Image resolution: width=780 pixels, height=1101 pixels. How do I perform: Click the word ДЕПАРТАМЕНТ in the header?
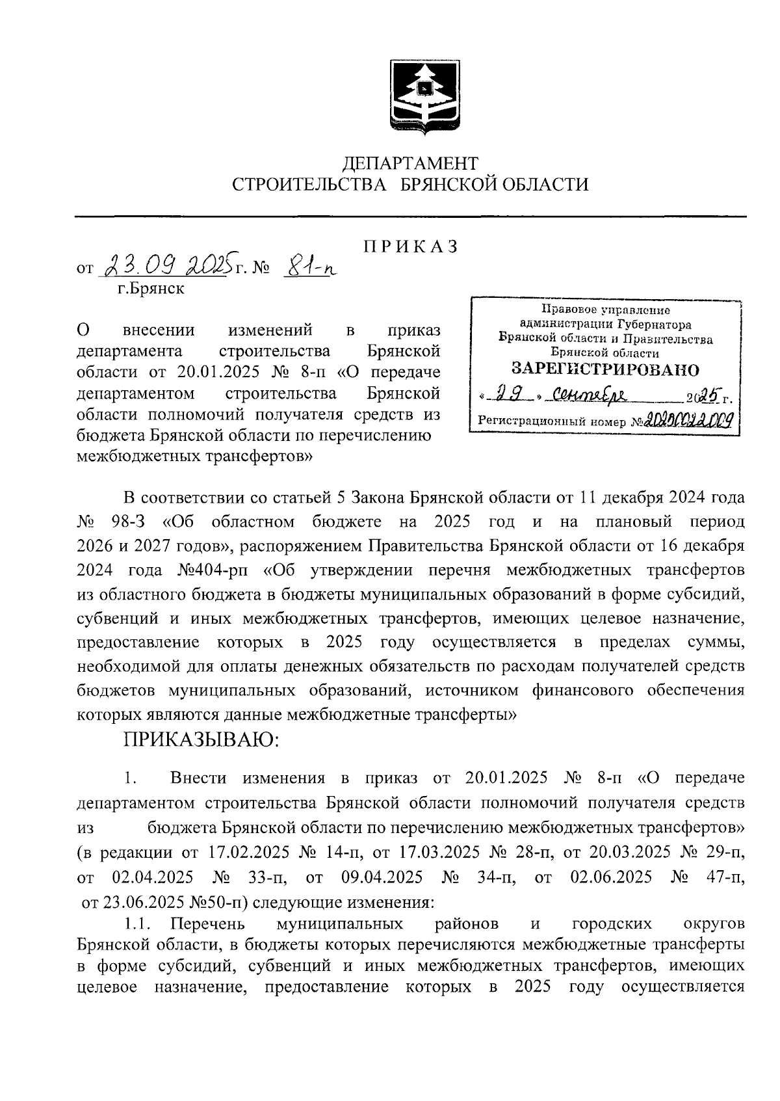point(410,162)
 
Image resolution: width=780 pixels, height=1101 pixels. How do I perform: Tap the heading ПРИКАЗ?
point(410,246)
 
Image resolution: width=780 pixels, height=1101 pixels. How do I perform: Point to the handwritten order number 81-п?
point(309,266)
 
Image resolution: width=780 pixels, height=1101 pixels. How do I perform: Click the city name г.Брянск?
point(150,288)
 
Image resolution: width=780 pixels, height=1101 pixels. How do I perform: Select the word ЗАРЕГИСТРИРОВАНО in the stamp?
point(604,369)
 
